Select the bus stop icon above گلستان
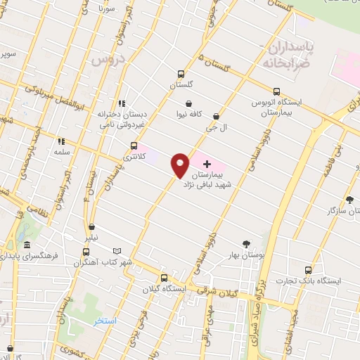pos(181,73)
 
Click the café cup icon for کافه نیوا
pos(189,103)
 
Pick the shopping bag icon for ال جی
pos(215,117)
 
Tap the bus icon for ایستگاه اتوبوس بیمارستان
pos(276,91)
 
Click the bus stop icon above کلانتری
pos(134,146)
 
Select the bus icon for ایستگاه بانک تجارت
pos(308,269)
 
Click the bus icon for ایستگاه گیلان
pos(164,277)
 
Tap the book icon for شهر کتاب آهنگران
pos(117,251)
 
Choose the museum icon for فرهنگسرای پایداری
pos(27,245)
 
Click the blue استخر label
pos(105,321)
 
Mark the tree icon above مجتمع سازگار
pos(349,199)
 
